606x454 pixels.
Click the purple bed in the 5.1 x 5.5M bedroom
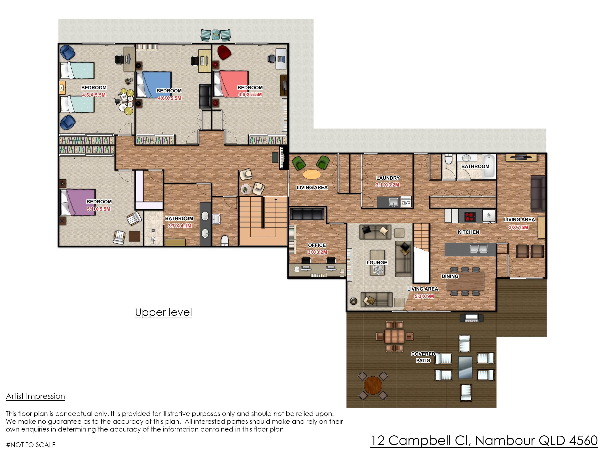pos(78,202)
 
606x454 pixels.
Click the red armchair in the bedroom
pos(224,52)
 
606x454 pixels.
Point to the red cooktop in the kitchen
pos(470,216)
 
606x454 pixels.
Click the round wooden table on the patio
pos(373,385)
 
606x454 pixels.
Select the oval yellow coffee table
pos(312,174)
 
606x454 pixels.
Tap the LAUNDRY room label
pos(388,178)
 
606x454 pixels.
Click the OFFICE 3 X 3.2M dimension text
pos(317,252)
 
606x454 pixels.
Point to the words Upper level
pos(164,312)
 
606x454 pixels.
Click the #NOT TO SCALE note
pos(31,445)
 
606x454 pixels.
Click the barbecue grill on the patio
pos(471,317)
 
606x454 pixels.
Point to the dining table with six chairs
pos(465,281)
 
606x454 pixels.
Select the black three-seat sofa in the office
pos(307,214)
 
